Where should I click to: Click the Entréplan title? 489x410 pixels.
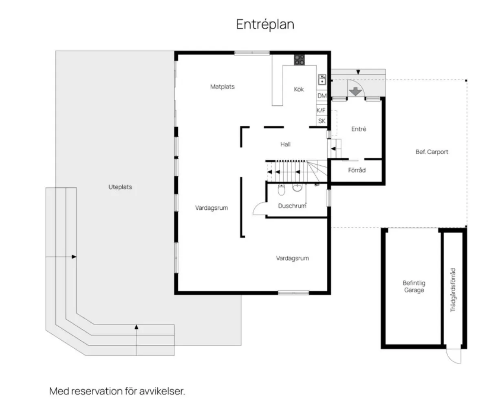point(265,24)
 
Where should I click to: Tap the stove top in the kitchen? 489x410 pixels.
point(299,60)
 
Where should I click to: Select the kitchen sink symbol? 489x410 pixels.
point(322,80)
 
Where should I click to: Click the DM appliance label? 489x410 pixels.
point(322,95)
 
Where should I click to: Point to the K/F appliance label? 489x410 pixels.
point(321,110)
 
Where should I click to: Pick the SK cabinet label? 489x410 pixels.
point(322,121)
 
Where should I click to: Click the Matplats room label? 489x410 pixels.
point(222,87)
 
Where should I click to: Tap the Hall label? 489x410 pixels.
point(285,144)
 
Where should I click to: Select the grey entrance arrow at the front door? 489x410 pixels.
point(355,91)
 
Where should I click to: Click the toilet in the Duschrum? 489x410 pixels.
point(281,190)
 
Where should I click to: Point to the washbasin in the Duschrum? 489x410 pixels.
point(297,188)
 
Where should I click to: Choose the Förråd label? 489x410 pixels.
point(357,170)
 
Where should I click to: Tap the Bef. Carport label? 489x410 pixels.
point(432,152)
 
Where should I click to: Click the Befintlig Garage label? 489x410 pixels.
point(414,286)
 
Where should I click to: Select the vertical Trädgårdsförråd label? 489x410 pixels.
point(453,290)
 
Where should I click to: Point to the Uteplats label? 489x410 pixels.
point(120,187)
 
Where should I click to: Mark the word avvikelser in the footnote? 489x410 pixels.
point(162,391)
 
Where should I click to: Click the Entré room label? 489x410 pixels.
point(359,129)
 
